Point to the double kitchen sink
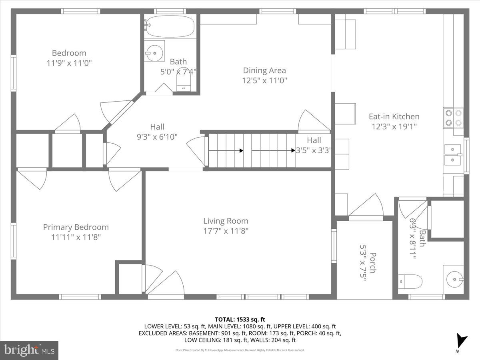coord(453,155)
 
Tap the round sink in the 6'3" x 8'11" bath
coord(454,278)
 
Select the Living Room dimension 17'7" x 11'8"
coord(226,231)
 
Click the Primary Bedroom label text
coord(76,227)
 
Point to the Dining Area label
coord(264,70)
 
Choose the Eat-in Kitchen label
coord(394,116)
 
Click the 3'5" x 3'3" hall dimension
coord(314,151)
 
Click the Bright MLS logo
coord(29,350)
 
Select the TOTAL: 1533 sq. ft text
coord(240,319)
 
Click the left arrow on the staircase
coord(226,151)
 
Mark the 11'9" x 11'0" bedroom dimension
coord(69,63)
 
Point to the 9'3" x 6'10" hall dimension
coord(157,137)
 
